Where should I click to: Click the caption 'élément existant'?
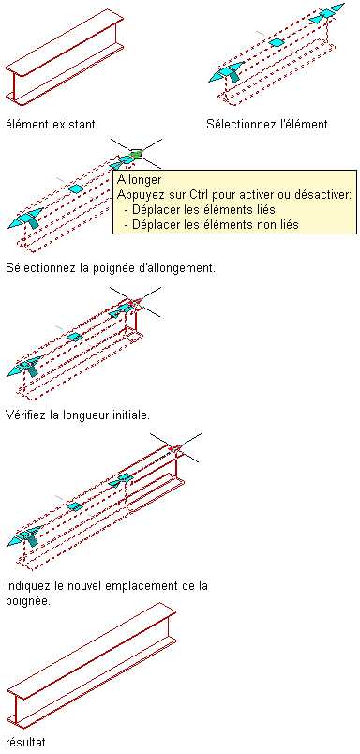51,125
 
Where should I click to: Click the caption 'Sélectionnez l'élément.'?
269,125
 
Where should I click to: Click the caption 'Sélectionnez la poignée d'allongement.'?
111,267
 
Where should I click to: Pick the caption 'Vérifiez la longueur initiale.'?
78,415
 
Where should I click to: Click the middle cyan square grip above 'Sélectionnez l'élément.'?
277,43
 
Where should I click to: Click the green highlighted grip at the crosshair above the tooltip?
137,154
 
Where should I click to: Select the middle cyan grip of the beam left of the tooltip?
75,189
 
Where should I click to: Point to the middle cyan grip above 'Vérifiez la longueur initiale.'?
74,337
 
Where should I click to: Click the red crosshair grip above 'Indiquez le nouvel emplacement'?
176,447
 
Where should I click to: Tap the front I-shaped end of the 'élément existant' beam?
16,86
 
